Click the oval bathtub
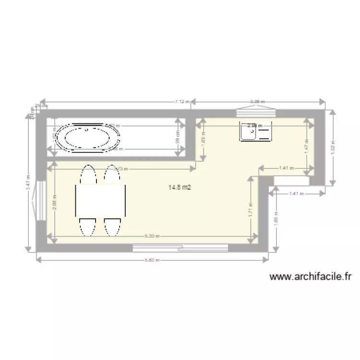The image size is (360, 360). (88, 138)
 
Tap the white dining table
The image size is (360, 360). (100, 201)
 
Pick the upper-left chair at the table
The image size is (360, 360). (88, 175)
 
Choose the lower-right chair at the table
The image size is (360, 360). (112, 226)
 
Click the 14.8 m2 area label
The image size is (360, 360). (180, 188)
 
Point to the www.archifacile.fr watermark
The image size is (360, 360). (311, 276)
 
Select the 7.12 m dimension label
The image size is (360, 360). (182, 102)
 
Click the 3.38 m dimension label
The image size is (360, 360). (257, 102)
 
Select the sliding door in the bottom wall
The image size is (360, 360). (180, 248)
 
